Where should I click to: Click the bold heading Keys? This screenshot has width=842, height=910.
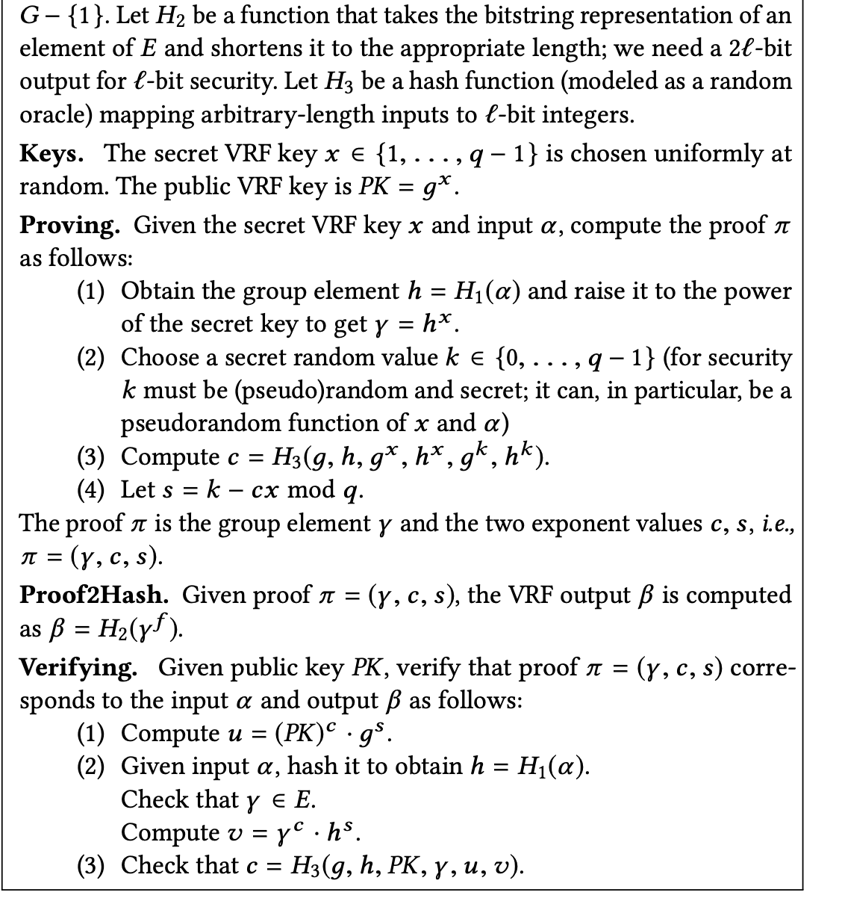tap(51, 153)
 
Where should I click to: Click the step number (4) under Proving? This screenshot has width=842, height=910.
tap(94, 490)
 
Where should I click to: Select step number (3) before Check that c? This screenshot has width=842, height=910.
tap(94, 865)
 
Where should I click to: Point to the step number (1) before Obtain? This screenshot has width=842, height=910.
tap(94, 291)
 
